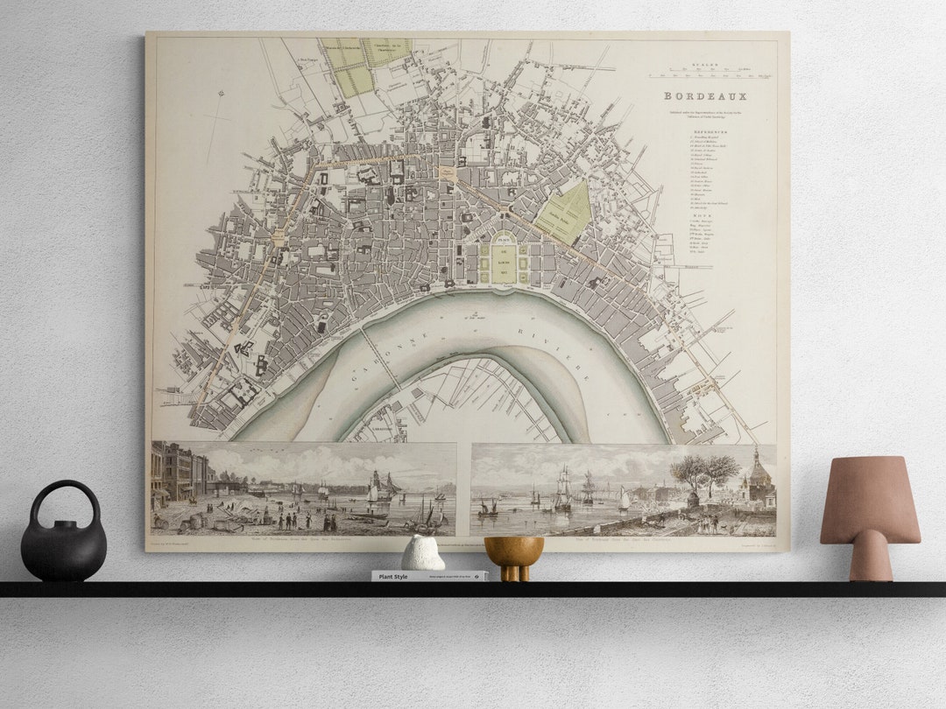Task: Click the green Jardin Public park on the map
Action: point(564,214)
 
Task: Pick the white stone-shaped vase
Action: point(423,553)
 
